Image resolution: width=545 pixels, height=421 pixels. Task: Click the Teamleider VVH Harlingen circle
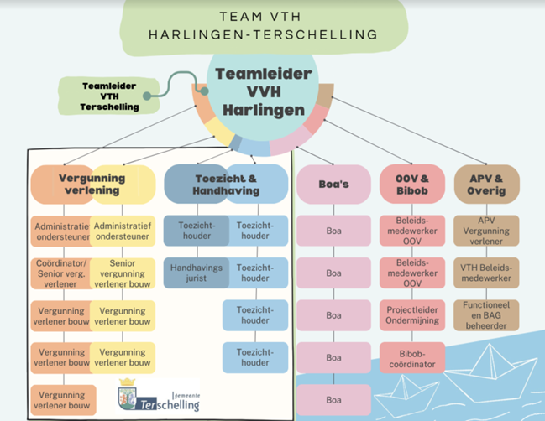tap(263, 92)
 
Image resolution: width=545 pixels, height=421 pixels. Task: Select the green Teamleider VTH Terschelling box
tap(109, 96)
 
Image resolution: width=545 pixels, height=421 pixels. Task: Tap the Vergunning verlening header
tap(93, 185)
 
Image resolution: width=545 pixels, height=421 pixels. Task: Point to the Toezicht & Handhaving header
tap(226, 185)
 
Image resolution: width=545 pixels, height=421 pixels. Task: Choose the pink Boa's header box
tap(333, 185)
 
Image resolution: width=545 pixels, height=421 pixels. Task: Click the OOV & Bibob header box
tap(412, 185)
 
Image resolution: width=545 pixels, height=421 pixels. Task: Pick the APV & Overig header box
tap(486, 185)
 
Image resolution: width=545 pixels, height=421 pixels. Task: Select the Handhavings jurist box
tap(197, 273)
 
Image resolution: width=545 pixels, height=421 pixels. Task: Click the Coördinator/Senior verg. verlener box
tap(60, 273)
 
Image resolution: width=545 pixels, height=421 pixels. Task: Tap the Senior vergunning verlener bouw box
tap(123, 273)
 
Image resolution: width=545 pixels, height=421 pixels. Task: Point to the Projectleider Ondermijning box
tap(412, 315)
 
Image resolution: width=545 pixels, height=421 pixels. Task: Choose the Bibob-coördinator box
tap(412, 358)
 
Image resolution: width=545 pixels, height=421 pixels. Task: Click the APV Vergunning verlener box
tap(486, 231)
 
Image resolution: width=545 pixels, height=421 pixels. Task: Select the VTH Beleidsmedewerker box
tap(486, 273)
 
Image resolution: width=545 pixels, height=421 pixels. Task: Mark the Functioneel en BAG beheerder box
tap(486, 315)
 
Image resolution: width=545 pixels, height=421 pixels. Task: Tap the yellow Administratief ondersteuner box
tap(123, 231)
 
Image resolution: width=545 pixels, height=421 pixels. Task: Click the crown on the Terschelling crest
tap(127, 382)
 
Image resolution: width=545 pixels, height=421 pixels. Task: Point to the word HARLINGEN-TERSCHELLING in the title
tap(263, 34)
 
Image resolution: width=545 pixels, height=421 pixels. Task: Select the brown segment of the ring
tap(325, 95)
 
